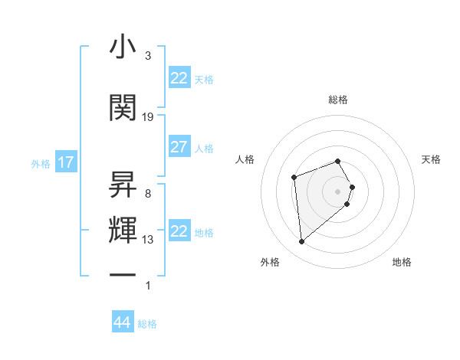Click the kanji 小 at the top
(123, 47)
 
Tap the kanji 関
(123, 108)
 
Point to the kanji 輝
(123, 230)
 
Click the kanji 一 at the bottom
(123, 273)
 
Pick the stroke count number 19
(148, 117)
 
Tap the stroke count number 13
(148, 240)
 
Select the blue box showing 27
(179, 147)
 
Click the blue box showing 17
(65, 162)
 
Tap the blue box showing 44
(123, 322)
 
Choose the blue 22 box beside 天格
(179, 78)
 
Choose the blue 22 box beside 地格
(179, 231)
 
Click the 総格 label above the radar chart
(338, 100)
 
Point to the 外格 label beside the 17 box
(41, 163)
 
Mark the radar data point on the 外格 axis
(302, 241)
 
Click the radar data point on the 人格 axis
(294, 178)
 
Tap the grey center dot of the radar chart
(338, 191)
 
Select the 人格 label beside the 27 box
(204, 148)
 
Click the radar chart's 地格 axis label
(402, 262)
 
